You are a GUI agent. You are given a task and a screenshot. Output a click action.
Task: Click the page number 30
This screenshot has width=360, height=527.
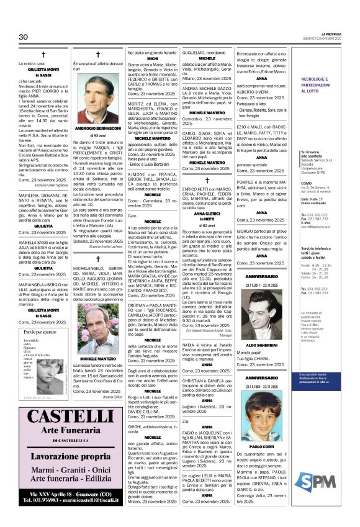tap(24, 37)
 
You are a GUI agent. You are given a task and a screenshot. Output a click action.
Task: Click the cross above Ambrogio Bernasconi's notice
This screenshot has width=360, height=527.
tap(97, 55)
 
